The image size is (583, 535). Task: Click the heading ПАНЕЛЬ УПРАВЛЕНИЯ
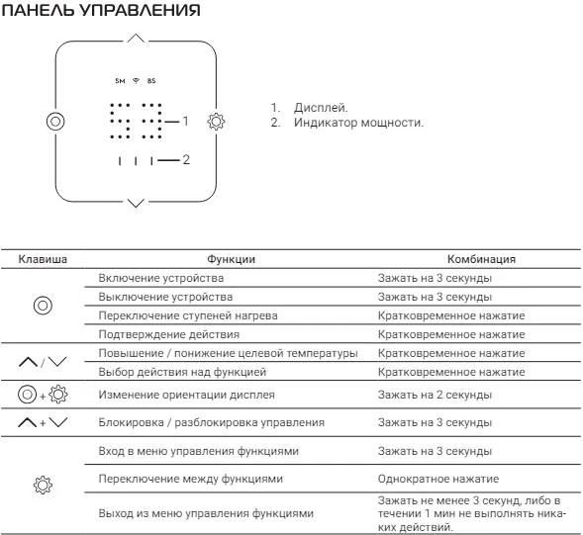click(101, 10)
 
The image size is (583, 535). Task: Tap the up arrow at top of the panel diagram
click(136, 38)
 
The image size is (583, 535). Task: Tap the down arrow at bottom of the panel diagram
click(136, 203)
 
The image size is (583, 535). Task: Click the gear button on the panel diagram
click(216, 122)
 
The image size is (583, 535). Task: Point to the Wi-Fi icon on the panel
click(136, 81)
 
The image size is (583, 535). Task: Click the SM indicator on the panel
click(120, 81)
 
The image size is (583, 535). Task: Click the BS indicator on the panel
click(151, 81)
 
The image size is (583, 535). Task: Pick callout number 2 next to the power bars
click(186, 160)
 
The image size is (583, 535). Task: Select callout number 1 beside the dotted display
click(185, 121)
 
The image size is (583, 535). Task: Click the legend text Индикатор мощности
click(358, 123)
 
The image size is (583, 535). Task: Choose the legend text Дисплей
click(321, 108)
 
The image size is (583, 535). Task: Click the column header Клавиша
click(43, 259)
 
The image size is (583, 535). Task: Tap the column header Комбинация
click(481, 259)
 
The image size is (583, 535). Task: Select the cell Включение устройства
click(161, 278)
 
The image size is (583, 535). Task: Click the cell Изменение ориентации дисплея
click(187, 395)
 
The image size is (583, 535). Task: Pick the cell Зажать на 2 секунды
click(435, 395)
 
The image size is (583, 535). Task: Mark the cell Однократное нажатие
click(438, 479)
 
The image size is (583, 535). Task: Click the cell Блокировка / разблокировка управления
click(212, 422)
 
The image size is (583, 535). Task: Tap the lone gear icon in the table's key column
click(43, 485)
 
